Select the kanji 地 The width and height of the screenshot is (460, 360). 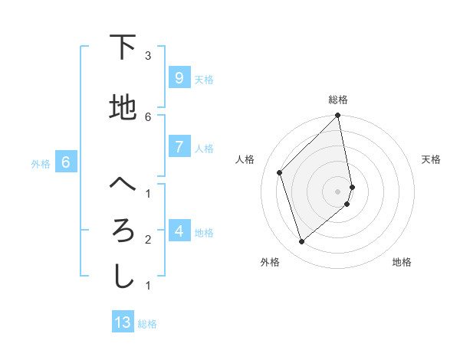[123, 107]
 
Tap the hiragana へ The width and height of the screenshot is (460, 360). [123, 185]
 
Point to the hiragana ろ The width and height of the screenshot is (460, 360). [123, 231]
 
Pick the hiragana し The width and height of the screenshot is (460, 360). [123, 277]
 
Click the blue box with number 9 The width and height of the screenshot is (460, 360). [179, 77]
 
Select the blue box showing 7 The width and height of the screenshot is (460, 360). [179, 147]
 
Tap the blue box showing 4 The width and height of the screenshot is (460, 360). [179, 231]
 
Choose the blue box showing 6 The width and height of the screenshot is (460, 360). [66, 162]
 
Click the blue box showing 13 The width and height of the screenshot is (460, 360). [123, 322]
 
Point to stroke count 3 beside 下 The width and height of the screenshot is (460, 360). [147, 55]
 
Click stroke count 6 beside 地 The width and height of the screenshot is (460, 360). [147, 116]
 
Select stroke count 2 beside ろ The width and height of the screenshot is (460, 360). [147, 240]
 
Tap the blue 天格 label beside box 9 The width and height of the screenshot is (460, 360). [204, 79]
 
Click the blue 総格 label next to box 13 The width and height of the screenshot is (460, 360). [148, 324]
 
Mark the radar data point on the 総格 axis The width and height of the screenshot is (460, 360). [338, 116]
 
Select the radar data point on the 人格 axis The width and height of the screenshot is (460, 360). [280, 172]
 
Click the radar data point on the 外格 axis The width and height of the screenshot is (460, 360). [301, 242]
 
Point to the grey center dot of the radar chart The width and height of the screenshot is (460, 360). [338, 191]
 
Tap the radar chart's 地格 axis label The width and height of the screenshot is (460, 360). [402, 262]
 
